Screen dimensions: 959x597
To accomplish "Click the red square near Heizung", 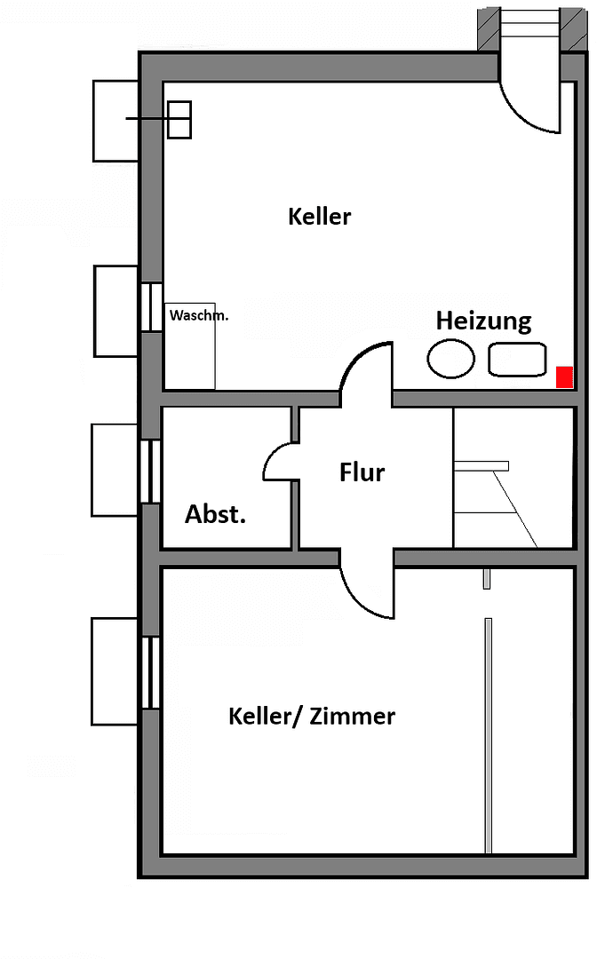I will tap(563, 376).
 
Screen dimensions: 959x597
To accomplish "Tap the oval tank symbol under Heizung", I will tap(450, 359).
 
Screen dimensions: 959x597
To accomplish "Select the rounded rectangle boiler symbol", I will tap(516, 359).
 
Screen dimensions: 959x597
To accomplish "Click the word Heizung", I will tap(483, 321).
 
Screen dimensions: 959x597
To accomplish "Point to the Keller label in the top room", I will tap(320, 216).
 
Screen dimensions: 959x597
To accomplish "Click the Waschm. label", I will tap(198, 315).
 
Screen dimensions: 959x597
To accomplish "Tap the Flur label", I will tap(362, 472).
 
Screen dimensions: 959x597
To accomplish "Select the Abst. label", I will tap(215, 514).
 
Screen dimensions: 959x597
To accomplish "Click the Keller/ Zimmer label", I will tap(312, 716).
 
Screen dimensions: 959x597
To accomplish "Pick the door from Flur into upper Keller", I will tap(365, 368).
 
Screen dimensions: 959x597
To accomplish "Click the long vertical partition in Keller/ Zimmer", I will tap(488, 735).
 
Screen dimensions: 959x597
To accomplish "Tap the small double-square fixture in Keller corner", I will tap(179, 120).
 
